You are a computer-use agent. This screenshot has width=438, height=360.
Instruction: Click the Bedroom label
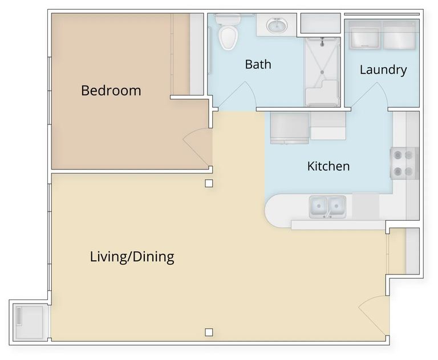click(x=111, y=91)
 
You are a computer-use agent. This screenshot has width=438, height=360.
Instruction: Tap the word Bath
click(x=258, y=64)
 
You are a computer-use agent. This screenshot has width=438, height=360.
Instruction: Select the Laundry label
click(x=383, y=70)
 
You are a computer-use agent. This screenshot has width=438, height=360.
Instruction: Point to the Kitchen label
click(x=328, y=166)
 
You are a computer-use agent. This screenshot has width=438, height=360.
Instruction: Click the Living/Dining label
click(x=132, y=257)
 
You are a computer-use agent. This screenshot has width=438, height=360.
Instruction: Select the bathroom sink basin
click(x=277, y=26)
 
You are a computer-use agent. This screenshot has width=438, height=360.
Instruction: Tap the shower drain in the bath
click(x=322, y=72)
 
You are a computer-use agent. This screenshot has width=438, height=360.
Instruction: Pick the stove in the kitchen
click(x=404, y=163)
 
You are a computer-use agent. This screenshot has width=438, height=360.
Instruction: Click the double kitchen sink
click(x=327, y=207)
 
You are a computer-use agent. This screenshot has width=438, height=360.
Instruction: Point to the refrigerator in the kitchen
click(x=290, y=128)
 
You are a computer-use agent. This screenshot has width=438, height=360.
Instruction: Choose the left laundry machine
click(x=364, y=35)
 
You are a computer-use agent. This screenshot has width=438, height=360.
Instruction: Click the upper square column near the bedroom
click(x=209, y=183)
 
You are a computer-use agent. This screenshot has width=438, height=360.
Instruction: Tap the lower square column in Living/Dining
click(x=209, y=332)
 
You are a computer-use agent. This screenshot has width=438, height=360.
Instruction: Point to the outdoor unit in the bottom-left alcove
click(x=29, y=322)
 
